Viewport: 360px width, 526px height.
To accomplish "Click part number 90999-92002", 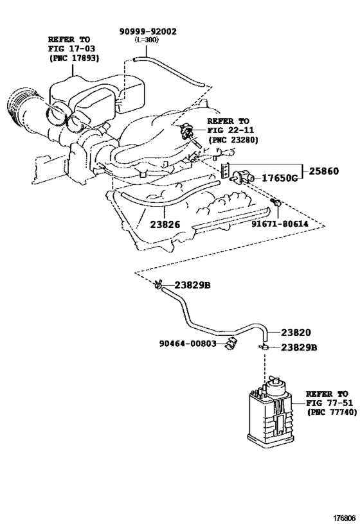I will [148, 31].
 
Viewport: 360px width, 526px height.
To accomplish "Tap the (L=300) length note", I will [147, 40].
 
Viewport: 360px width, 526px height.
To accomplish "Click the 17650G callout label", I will [278, 178].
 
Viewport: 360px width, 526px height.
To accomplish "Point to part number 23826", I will [165, 225].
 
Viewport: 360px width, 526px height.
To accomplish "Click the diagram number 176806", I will [343, 516].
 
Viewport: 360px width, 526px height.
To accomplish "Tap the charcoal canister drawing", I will [271, 414].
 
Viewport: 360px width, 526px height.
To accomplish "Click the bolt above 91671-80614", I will [276, 204].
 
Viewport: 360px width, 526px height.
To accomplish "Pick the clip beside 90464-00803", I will [230, 344].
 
